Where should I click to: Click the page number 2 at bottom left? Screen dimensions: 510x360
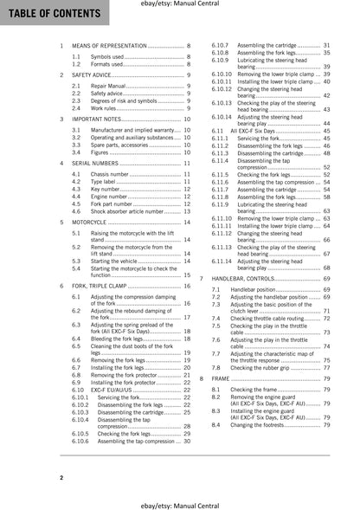pos(61,477)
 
